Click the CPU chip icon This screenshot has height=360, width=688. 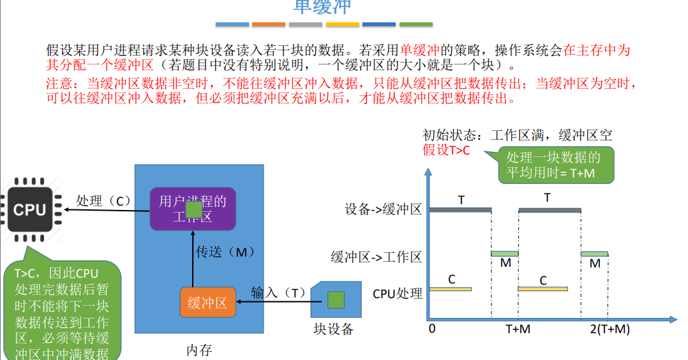coord(30,209)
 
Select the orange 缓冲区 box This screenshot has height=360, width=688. coord(207,303)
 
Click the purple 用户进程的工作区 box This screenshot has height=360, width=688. coord(193,209)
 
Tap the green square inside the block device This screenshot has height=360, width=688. coord(336,300)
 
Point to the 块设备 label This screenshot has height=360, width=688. coord(333,329)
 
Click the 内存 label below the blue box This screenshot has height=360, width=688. coord(199,350)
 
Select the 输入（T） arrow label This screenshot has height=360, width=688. coord(279,293)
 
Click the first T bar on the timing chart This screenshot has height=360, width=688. coord(460,209)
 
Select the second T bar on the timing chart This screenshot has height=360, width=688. coord(550,209)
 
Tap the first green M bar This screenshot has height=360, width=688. coord(504,253)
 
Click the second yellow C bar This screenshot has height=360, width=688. coord(542,289)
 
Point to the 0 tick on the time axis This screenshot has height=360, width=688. coord(432,329)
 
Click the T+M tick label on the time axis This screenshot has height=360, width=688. coord(518,329)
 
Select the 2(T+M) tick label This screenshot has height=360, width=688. coord(609,329)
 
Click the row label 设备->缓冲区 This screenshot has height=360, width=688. coord(383,209)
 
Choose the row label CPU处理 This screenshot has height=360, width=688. coord(398,294)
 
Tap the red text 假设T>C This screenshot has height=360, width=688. coord(445,151)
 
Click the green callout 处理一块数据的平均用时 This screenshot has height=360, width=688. coord(553,165)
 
